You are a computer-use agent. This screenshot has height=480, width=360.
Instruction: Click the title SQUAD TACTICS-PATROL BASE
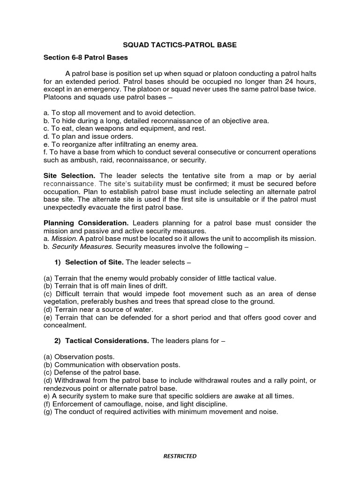[180, 45]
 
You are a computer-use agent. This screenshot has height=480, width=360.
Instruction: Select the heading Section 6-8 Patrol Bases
[86, 58]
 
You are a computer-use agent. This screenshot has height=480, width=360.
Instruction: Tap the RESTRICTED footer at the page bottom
[180, 456]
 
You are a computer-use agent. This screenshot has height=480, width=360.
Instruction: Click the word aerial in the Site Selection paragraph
[306, 175]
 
